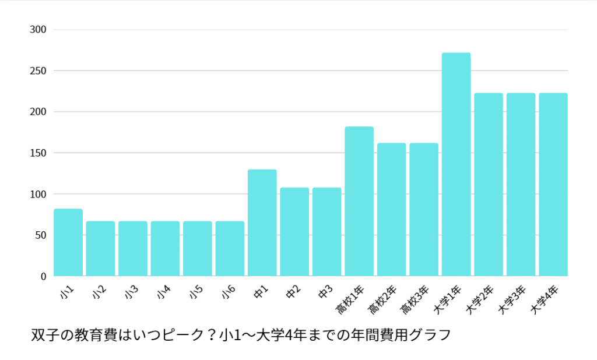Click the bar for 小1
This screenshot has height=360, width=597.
pyautogui.click(x=68, y=242)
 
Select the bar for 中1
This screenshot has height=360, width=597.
pyautogui.click(x=262, y=223)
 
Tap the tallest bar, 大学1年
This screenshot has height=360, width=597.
pyautogui.click(x=456, y=164)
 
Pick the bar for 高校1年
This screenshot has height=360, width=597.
pyautogui.click(x=359, y=201)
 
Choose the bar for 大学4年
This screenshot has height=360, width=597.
pyautogui.click(x=553, y=184)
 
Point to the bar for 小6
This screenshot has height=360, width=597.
pyautogui.click(x=230, y=248)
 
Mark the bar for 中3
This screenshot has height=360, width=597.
pyautogui.click(x=326, y=232)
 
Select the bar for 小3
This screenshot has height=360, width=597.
pyautogui.click(x=133, y=248)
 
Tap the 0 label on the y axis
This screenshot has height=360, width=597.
pyautogui.click(x=43, y=276)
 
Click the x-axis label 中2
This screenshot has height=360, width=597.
pyautogui.click(x=293, y=292)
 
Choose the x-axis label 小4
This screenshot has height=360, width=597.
pyautogui.click(x=164, y=292)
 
